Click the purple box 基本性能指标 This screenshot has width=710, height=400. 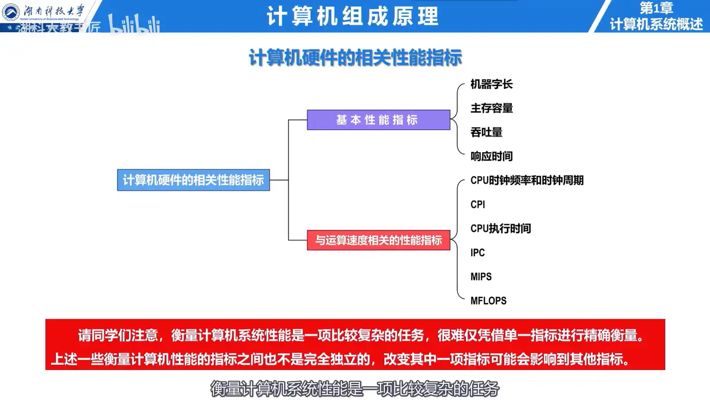[x=378, y=120]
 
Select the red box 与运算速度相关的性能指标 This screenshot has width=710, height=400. [x=378, y=240]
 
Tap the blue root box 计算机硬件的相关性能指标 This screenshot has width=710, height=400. [x=193, y=180]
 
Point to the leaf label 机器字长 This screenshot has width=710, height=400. [x=492, y=84]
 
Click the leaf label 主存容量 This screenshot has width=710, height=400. [x=492, y=108]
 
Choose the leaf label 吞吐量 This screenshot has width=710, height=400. [x=487, y=132]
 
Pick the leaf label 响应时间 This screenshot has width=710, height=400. [x=492, y=157]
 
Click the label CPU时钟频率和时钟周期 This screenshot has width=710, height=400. [x=527, y=181]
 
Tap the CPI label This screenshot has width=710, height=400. [x=478, y=204]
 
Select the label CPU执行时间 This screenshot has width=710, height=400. [x=500, y=229]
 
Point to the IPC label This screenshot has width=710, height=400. [x=478, y=253]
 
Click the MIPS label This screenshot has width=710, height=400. [x=481, y=277]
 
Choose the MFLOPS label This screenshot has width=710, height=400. [x=489, y=301]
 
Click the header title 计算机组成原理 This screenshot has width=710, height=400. [x=353, y=16]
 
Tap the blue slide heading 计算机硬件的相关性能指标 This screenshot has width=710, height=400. [x=355, y=58]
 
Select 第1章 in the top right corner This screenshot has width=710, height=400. [x=656, y=8]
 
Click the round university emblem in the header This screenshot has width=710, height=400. [x=11, y=12]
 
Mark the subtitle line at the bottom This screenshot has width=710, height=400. [x=355, y=389]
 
